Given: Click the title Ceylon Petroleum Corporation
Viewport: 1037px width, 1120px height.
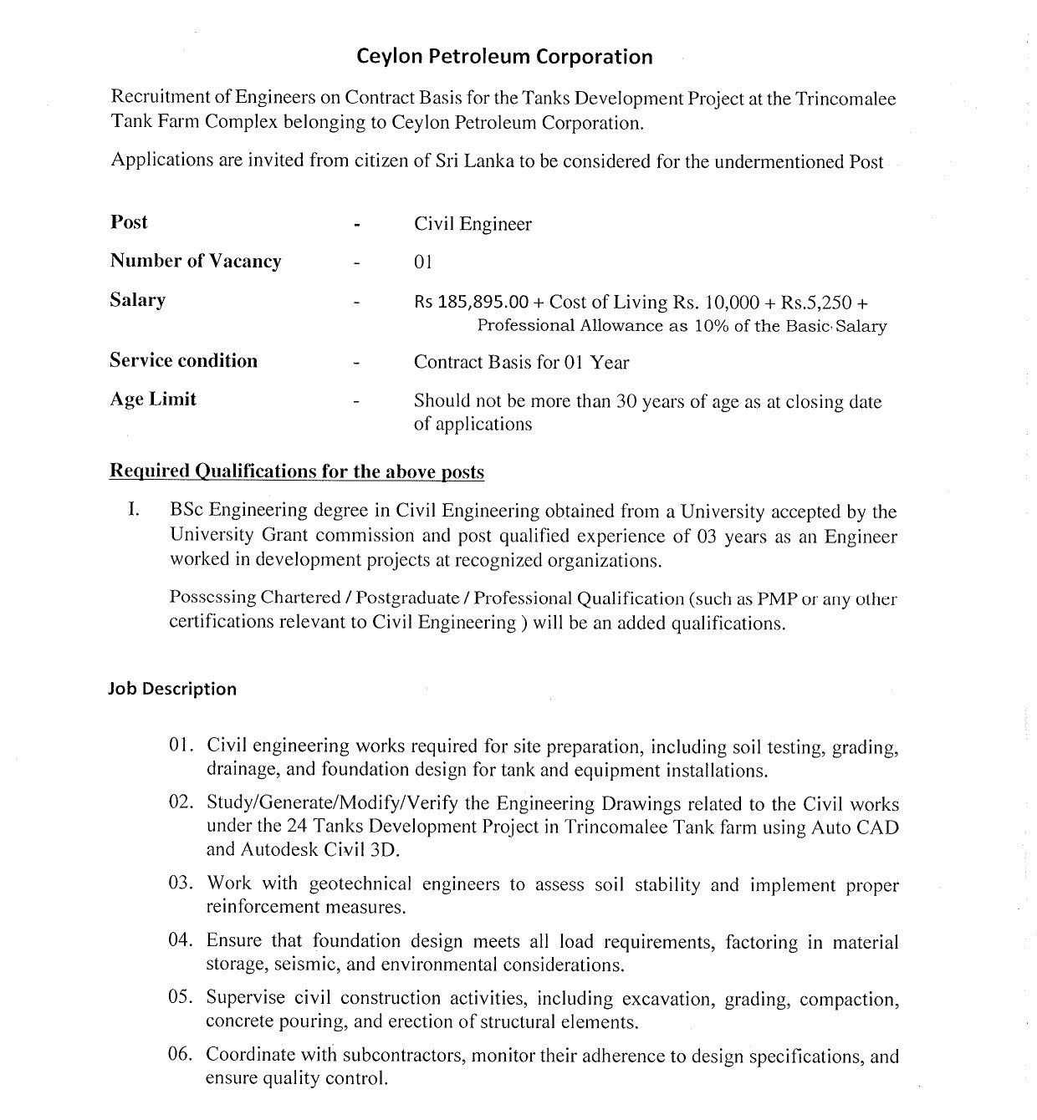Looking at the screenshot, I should click(x=504, y=57).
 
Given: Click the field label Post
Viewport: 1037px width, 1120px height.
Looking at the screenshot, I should click(x=129, y=222).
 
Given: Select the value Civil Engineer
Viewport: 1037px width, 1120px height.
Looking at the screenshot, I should click(x=473, y=224).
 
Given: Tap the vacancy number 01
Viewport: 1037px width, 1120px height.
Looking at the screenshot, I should click(x=423, y=262).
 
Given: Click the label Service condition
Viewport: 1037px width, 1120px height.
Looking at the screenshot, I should click(x=183, y=361).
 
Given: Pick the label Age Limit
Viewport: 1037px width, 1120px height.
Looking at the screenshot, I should click(x=153, y=400).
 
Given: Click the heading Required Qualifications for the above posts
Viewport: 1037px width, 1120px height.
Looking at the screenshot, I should click(x=297, y=471).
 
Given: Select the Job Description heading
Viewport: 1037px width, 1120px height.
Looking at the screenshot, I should click(x=172, y=689).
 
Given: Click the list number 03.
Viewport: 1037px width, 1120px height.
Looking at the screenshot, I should click(x=181, y=883).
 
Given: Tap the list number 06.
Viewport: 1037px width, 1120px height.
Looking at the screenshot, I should click(x=181, y=1054).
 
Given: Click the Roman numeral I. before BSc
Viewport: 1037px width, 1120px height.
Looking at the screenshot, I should click(x=134, y=511).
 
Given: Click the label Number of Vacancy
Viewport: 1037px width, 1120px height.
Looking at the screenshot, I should click(x=196, y=262).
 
